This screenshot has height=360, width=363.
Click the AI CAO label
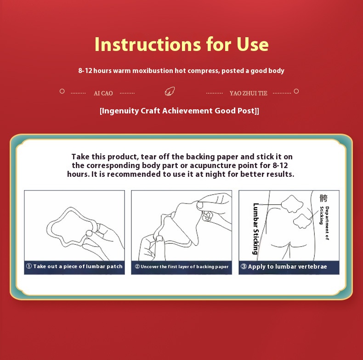pyautogui.click(x=103, y=93)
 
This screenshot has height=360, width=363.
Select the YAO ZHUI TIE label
pyautogui.click(x=248, y=93)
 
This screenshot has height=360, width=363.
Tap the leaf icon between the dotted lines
pyautogui.click(x=170, y=91)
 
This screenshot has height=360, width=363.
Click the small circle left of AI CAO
pyautogui.click(x=62, y=91)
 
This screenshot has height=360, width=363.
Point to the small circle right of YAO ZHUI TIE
pyautogui.click(x=296, y=91)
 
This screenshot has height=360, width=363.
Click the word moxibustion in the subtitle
pyautogui.click(x=152, y=71)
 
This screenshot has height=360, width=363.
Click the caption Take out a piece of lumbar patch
pyautogui.click(x=78, y=267)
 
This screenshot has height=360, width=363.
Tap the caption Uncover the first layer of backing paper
pyautogui.click(x=184, y=267)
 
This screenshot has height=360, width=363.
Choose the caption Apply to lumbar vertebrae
pyautogui.click(x=287, y=267)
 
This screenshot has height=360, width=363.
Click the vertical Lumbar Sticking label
pyautogui.click(x=256, y=228)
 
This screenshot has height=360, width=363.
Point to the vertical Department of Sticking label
pyautogui.click(x=324, y=224)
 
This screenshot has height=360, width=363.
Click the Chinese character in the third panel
pyautogui.click(x=323, y=198)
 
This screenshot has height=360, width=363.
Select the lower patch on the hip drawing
pyautogui.click(x=304, y=220)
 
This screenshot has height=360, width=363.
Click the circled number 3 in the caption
pyautogui.click(x=244, y=267)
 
